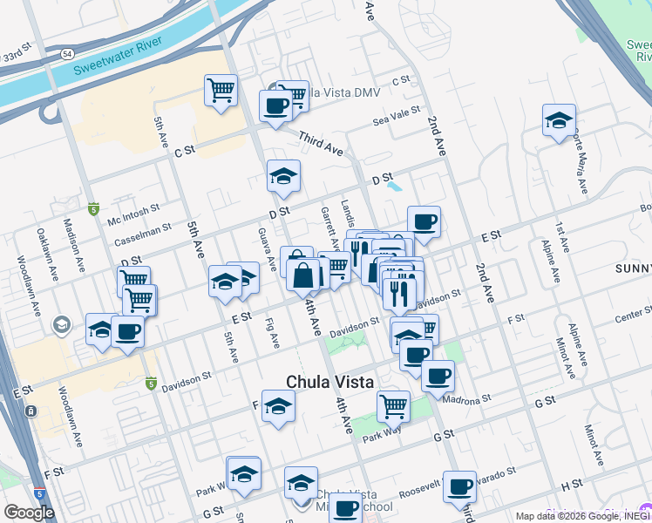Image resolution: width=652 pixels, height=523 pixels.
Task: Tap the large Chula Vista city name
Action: point(330,382)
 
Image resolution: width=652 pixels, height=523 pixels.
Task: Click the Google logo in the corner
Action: point(29,513)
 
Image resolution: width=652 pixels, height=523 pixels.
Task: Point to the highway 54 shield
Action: point(67,54)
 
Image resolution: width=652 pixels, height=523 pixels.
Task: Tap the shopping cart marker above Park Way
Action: point(393,404)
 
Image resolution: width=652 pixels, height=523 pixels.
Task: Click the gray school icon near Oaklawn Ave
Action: point(62,326)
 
